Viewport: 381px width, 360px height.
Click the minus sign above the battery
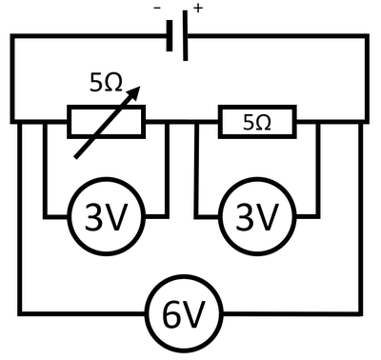[156, 8]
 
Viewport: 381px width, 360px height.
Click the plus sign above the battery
[198, 8]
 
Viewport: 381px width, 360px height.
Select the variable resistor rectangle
[107, 122]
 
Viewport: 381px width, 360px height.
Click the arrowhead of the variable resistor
[138, 91]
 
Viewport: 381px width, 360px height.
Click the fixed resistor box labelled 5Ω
[258, 122]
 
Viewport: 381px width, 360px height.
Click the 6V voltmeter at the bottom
[185, 314]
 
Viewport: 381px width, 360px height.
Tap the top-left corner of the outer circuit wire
[10, 36]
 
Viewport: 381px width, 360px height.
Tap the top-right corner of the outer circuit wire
[368, 36]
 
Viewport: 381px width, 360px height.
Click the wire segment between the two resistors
[181, 122]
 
